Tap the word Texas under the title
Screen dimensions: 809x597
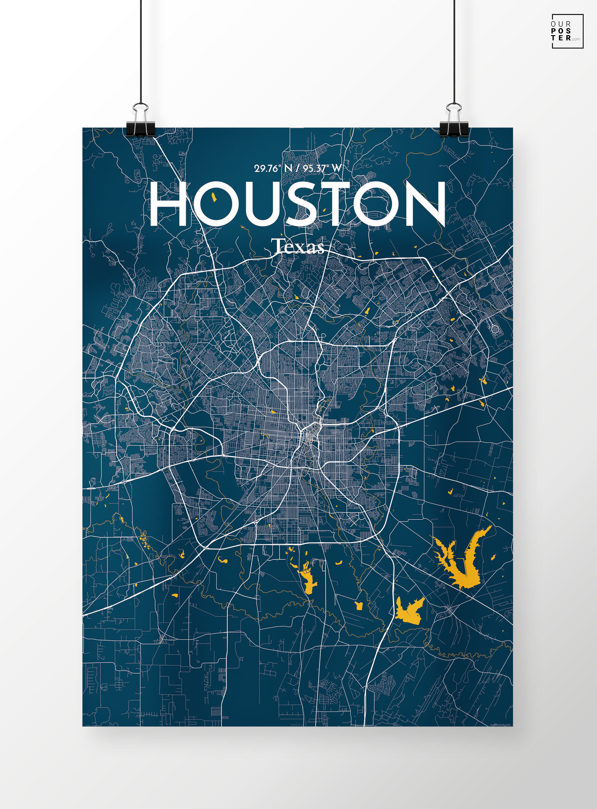(298, 247)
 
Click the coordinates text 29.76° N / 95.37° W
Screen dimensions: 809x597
(298, 168)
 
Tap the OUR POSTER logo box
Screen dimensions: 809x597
(567, 31)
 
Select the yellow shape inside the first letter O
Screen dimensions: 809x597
(214, 197)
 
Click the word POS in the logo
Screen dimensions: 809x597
(561, 31)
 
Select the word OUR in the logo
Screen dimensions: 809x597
(561, 24)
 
